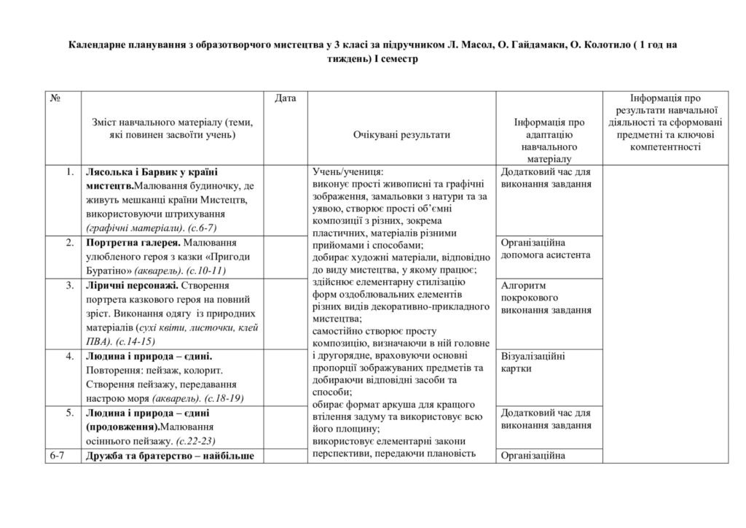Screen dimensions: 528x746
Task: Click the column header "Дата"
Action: [286, 98]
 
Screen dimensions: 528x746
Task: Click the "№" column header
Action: [55, 98]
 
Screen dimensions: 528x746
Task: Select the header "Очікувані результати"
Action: [401, 135]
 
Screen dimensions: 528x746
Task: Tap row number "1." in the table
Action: [69, 172]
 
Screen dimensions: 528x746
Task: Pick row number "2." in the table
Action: [69, 242]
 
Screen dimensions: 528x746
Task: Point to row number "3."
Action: [69, 284]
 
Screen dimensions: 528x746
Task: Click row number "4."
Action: [69, 356]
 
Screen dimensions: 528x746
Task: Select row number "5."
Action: [69, 413]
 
